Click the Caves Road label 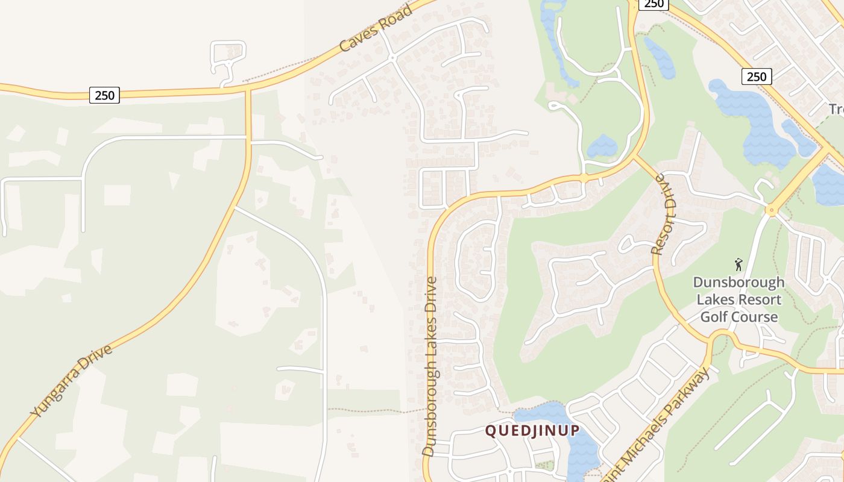376,28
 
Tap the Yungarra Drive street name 72,382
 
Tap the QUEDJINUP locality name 532,430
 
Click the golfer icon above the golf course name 738,264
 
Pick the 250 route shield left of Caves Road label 105,95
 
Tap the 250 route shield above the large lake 756,77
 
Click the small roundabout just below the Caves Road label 392,58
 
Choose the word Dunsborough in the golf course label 738,283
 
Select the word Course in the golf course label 757,316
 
